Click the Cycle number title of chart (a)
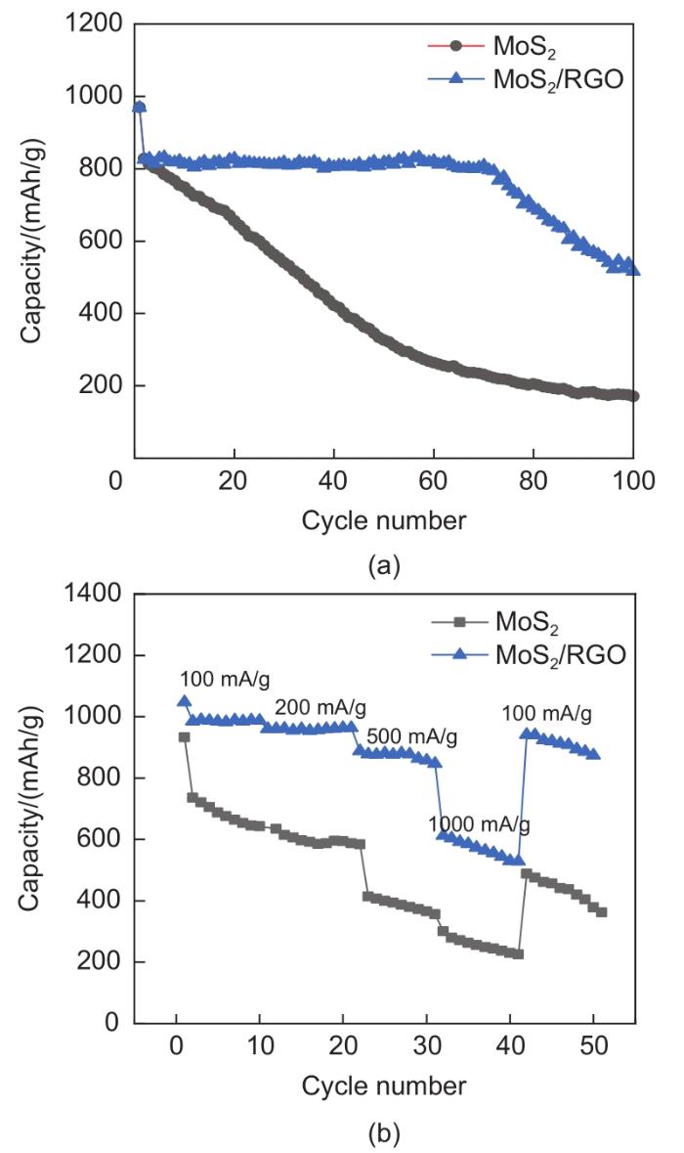383,519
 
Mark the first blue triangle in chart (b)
184,701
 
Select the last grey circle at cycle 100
633,396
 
